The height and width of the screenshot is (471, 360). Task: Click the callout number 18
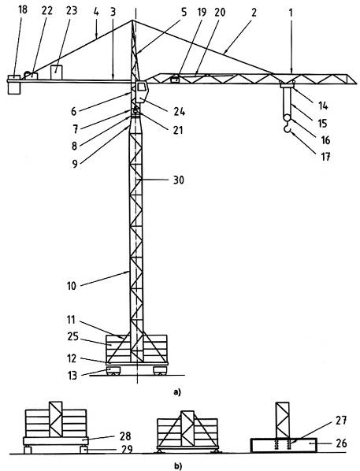tap(23, 9)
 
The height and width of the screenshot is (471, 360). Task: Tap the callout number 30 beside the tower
tap(178, 180)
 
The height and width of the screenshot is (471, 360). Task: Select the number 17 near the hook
tap(326, 157)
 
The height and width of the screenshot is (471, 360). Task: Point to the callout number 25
tap(72, 337)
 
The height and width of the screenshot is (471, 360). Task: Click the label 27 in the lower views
tap(341, 421)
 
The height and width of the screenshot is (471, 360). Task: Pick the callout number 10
tap(72, 286)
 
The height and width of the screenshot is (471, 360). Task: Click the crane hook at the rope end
tap(288, 128)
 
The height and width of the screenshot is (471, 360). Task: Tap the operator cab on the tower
tap(142, 91)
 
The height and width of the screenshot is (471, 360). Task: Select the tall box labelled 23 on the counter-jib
tap(56, 72)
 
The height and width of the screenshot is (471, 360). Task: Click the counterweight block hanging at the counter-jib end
tap(14, 85)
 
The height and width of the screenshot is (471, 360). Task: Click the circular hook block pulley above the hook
tap(288, 117)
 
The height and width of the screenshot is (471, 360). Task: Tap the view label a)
tap(177, 391)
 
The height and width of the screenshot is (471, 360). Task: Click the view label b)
tap(178, 466)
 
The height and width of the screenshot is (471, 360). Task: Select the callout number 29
tap(127, 450)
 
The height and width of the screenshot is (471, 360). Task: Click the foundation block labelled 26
tap(284, 445)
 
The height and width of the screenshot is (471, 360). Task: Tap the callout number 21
tap(178, 130)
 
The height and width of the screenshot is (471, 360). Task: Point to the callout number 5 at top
tap(184, 13)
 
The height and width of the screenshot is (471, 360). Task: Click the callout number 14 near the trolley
tap(323, 106)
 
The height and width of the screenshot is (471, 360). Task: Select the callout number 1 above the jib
tap(291, 13)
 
